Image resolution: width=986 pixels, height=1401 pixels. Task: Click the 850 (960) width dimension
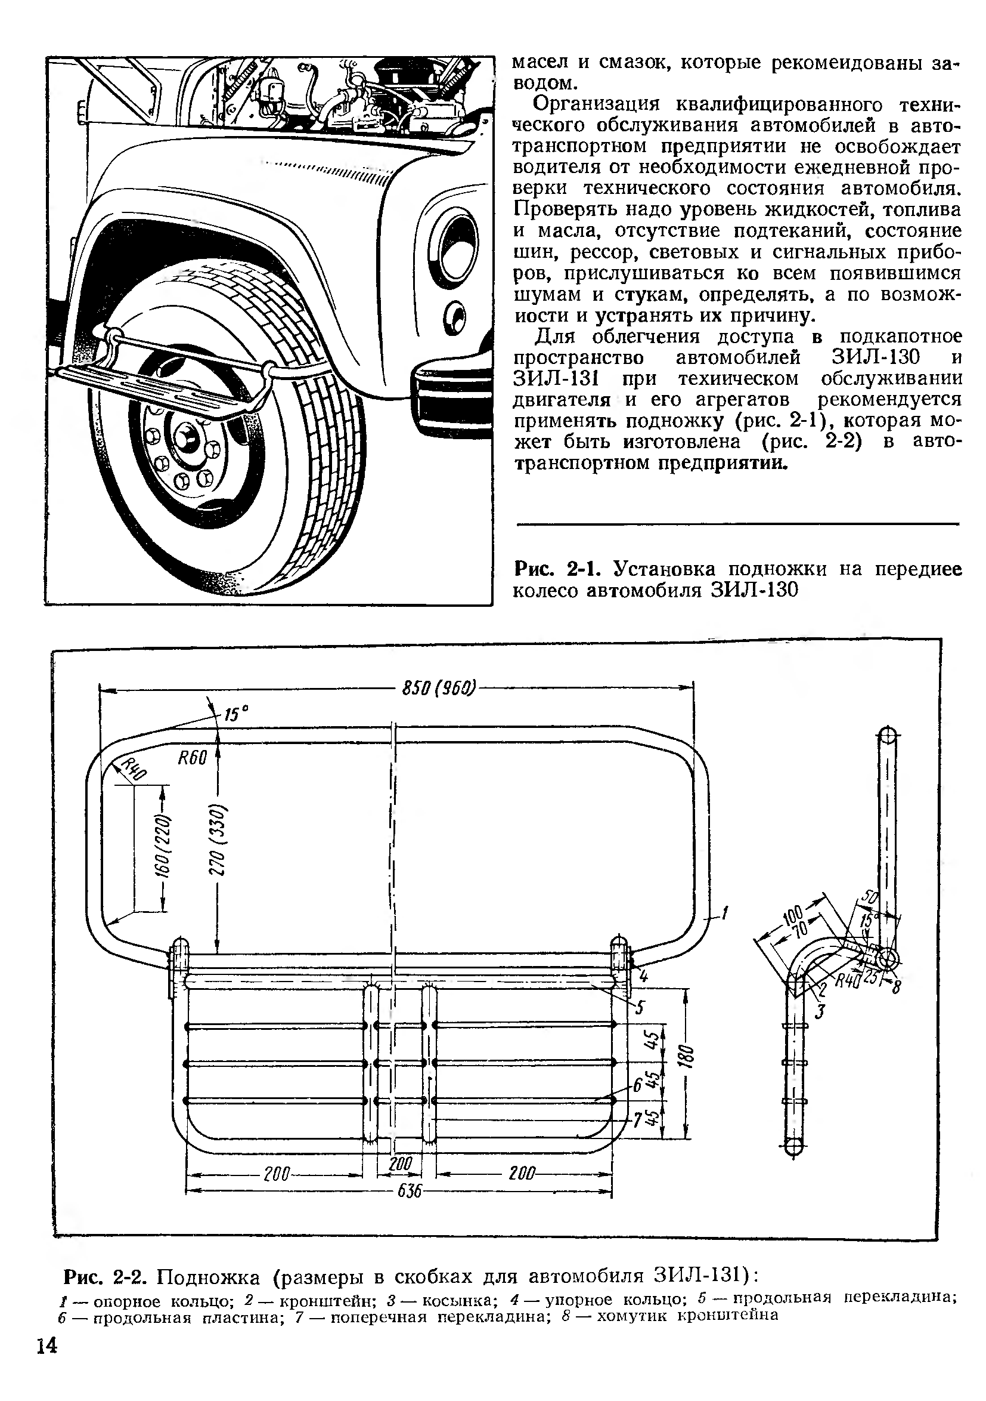[x=439, y=688]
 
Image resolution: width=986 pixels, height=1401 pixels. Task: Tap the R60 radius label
[x=193, y=758]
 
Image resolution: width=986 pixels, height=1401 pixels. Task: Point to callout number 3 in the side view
[x=820, y=1012]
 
